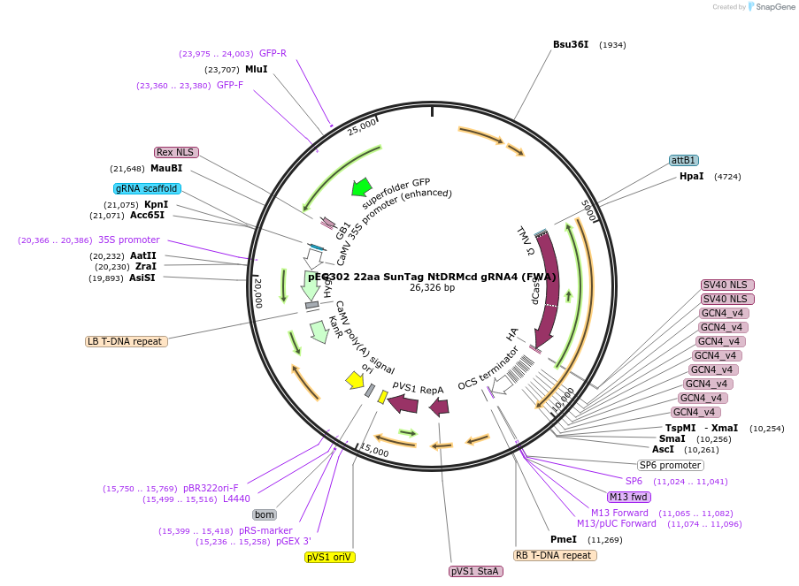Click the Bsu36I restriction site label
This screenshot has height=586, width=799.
(571, 44)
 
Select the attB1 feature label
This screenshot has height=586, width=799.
(684, 161)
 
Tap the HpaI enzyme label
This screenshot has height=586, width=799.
(692, 177)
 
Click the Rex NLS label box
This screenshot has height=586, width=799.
(175, 152)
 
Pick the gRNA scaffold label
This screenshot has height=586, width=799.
(147, 188)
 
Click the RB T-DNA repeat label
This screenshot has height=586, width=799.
(555, 555)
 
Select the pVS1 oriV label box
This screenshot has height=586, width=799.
(330, 557)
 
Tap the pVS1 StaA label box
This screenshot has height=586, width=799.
(476, 571)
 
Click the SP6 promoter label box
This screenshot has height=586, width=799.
(671, 465)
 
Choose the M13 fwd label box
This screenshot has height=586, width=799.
(629, 497)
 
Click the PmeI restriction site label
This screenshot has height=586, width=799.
(564, 539)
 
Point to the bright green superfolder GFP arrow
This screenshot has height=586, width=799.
(361, 186)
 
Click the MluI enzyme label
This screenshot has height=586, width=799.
(257, 69)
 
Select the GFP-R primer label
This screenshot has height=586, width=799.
(273, 53)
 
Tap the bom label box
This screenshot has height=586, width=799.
(264, 514)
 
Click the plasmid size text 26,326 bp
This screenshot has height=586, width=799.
(432, 287)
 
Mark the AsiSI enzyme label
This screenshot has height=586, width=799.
(141, 278)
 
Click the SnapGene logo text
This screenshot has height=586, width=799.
(771, 7)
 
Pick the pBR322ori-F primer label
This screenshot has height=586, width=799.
(211, 488)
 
